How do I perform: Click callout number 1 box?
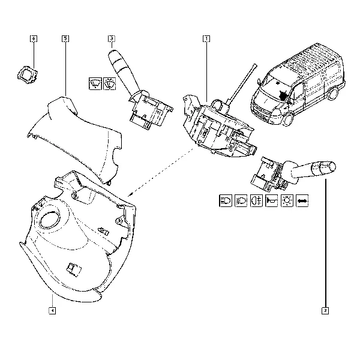pos(206,39)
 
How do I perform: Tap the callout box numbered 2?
pos(325,311)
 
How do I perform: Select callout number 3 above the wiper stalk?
pos(112,38)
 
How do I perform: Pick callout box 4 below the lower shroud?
pos(52,311)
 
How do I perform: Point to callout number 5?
pos(65,38)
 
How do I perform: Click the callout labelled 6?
pos(34,38)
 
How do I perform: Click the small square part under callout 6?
pos(28,74)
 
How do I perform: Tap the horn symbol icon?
pos(271,200)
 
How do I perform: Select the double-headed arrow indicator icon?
pos(302,200)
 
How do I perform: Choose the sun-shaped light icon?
pos(287,200)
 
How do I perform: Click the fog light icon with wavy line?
pos(256,200)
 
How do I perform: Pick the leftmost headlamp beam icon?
pos(226,200)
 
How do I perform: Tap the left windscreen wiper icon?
pos(95,83)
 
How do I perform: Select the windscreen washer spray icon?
pos(110,83)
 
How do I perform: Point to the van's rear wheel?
pos(334,94)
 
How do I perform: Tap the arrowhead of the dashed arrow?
pos(130,194)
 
